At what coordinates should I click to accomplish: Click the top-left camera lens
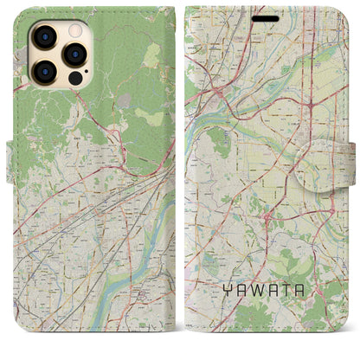click(42, 36)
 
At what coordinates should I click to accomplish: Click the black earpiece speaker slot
click(267, 18)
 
